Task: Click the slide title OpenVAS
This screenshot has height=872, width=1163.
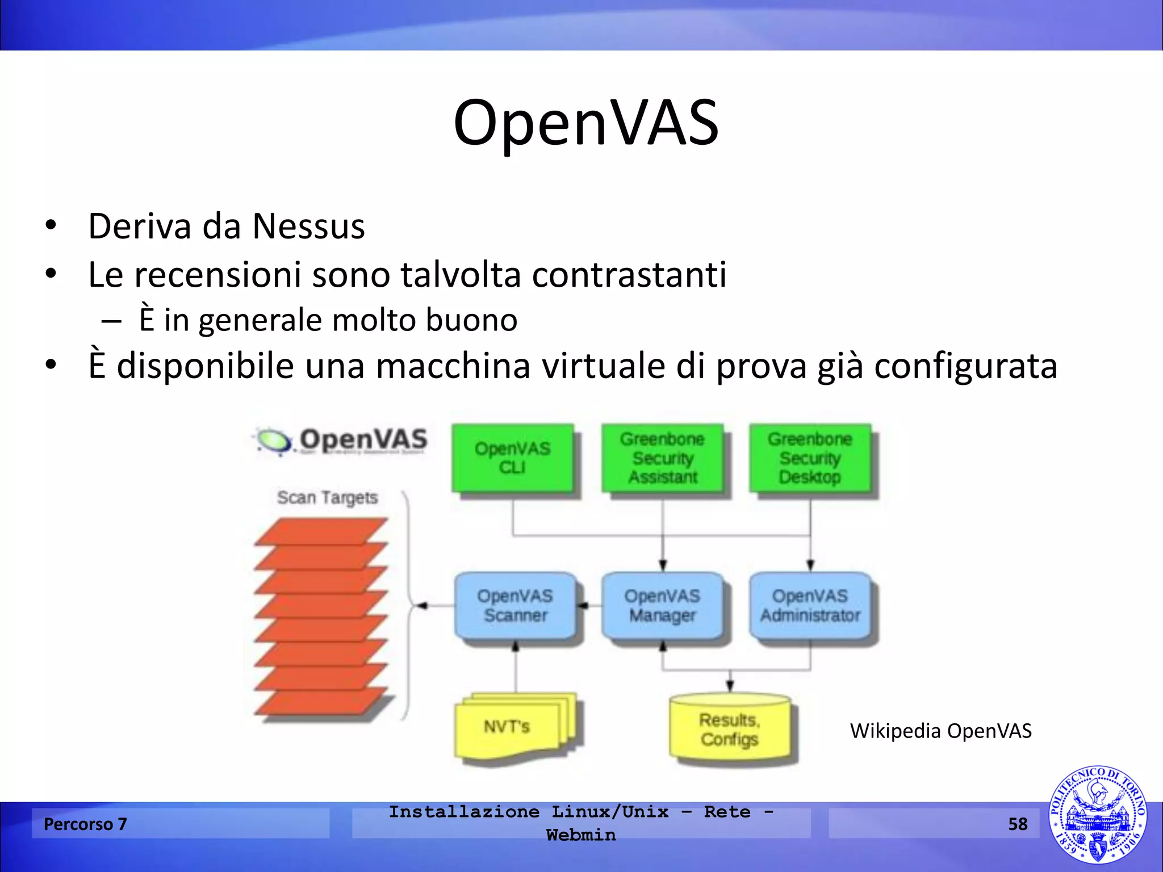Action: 586,123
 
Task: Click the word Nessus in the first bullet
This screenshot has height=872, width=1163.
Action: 308,227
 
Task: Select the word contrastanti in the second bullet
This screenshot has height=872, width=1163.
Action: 629,275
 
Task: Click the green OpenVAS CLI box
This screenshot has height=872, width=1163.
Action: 512,458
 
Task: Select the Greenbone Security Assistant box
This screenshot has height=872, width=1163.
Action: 662,458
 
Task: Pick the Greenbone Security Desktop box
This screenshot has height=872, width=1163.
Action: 810,458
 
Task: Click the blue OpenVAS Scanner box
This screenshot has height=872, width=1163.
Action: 515,606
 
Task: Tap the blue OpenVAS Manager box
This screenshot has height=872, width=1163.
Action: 662,606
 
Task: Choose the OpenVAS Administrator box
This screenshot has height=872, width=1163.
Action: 810,606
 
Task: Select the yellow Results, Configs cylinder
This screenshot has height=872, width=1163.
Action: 730,730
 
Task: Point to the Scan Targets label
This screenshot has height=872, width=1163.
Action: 327,497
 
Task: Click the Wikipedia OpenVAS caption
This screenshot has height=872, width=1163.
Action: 940,731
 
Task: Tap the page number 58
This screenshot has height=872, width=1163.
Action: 1018,824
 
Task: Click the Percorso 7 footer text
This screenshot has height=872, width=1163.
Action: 85,824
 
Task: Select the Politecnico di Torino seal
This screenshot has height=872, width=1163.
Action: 1097,815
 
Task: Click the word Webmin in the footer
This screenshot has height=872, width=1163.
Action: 581,835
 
